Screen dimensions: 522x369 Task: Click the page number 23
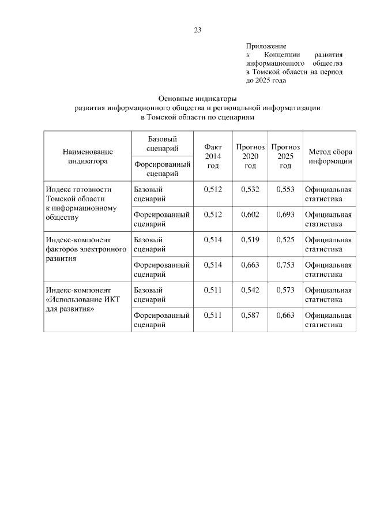pyautogui.click(x=198, y=30)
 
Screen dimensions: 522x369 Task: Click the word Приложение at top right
pyautogui.click(x=266, y=45)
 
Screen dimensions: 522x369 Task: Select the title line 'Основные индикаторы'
pyautogui.click(x=198, y=99)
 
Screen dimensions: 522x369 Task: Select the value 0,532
pyautogui.click(x=250, y=189)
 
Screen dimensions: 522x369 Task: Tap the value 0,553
pyautogui.click(x=285, y=189)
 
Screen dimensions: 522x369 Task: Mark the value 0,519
pyautogui.click(x=250, y=239)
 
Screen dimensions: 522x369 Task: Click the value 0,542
pyautogui.click(x=250, y=290)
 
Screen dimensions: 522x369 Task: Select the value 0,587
pyautogui.click(x=250, y=316)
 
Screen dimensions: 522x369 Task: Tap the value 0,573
pyautogui.click(x=285, y=290)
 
